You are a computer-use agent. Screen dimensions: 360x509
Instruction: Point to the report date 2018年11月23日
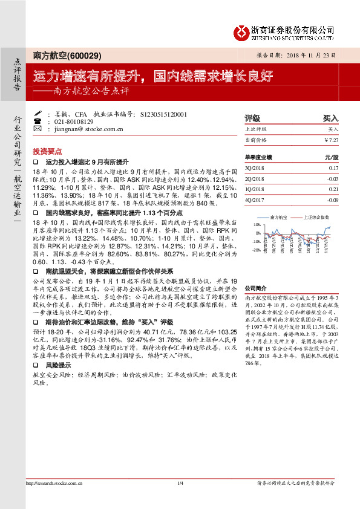click(313, 56)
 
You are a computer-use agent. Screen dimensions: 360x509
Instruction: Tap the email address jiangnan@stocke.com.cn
click(90, 129)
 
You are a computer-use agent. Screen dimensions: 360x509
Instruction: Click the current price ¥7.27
click(332, 140)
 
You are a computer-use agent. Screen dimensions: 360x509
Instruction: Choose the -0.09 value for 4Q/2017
click(332, 199)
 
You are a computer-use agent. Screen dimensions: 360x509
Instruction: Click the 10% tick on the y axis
click(257, 224)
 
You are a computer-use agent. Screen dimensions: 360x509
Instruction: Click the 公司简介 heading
click(255, 289)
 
